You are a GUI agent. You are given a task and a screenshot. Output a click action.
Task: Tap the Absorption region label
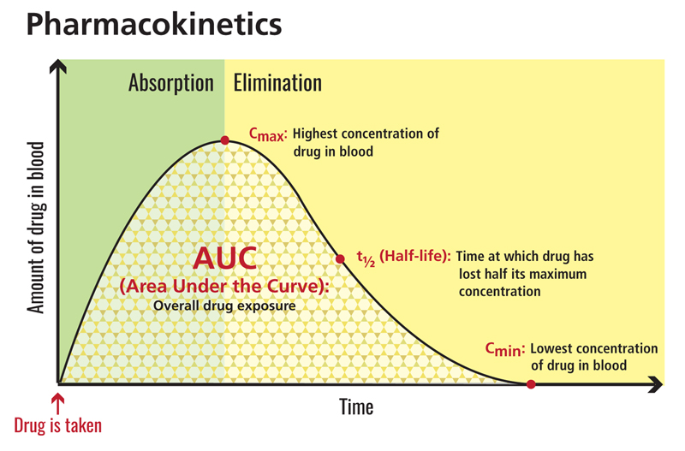coord(170,83)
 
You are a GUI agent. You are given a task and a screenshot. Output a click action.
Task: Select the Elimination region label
coord(277,83)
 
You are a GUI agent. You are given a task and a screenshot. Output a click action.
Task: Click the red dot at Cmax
coord(224,140)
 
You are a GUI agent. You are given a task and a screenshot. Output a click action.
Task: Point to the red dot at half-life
coord(339,258)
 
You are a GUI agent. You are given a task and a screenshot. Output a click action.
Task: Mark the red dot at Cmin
coord(530,384)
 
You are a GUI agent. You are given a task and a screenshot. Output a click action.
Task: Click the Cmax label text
coord(267,134)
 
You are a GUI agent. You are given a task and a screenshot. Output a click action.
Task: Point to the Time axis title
coord(356,406)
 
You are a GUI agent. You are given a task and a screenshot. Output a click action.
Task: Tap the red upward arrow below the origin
coord(57,401)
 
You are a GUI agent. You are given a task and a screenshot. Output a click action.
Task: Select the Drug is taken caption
coord(57,424)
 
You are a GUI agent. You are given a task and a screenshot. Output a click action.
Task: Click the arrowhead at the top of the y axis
coord(57,65)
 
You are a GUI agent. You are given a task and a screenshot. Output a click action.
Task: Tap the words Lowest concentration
coord(593,349)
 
